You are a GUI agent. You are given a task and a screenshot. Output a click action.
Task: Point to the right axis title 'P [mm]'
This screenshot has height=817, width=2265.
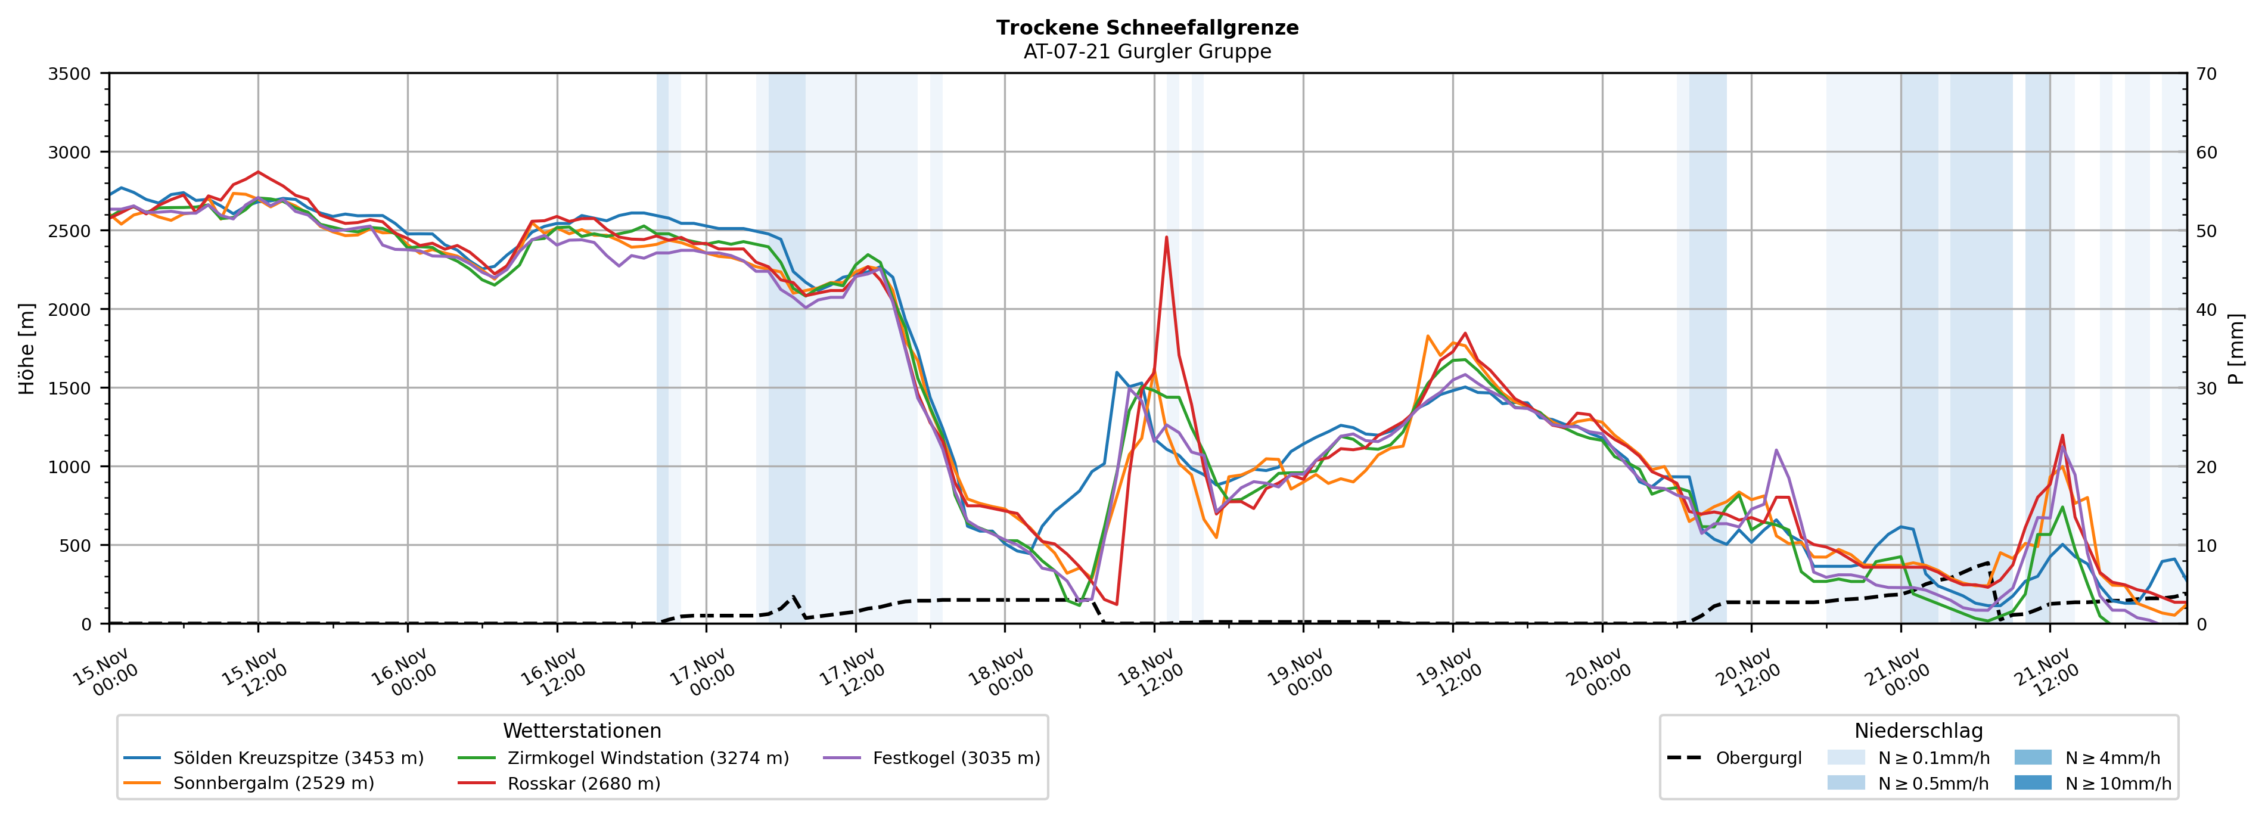(x=2236, y=348)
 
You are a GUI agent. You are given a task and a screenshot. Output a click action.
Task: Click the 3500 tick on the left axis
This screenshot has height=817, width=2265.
(x=70, y=74)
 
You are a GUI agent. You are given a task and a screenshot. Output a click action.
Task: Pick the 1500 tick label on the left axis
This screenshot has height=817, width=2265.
(x=70, y=388)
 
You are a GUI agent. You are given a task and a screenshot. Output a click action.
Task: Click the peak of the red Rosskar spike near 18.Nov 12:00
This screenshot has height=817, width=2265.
(x=1166, y=237)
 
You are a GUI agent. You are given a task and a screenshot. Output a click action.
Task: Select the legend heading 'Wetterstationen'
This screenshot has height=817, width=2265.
(x=582, y=731)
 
